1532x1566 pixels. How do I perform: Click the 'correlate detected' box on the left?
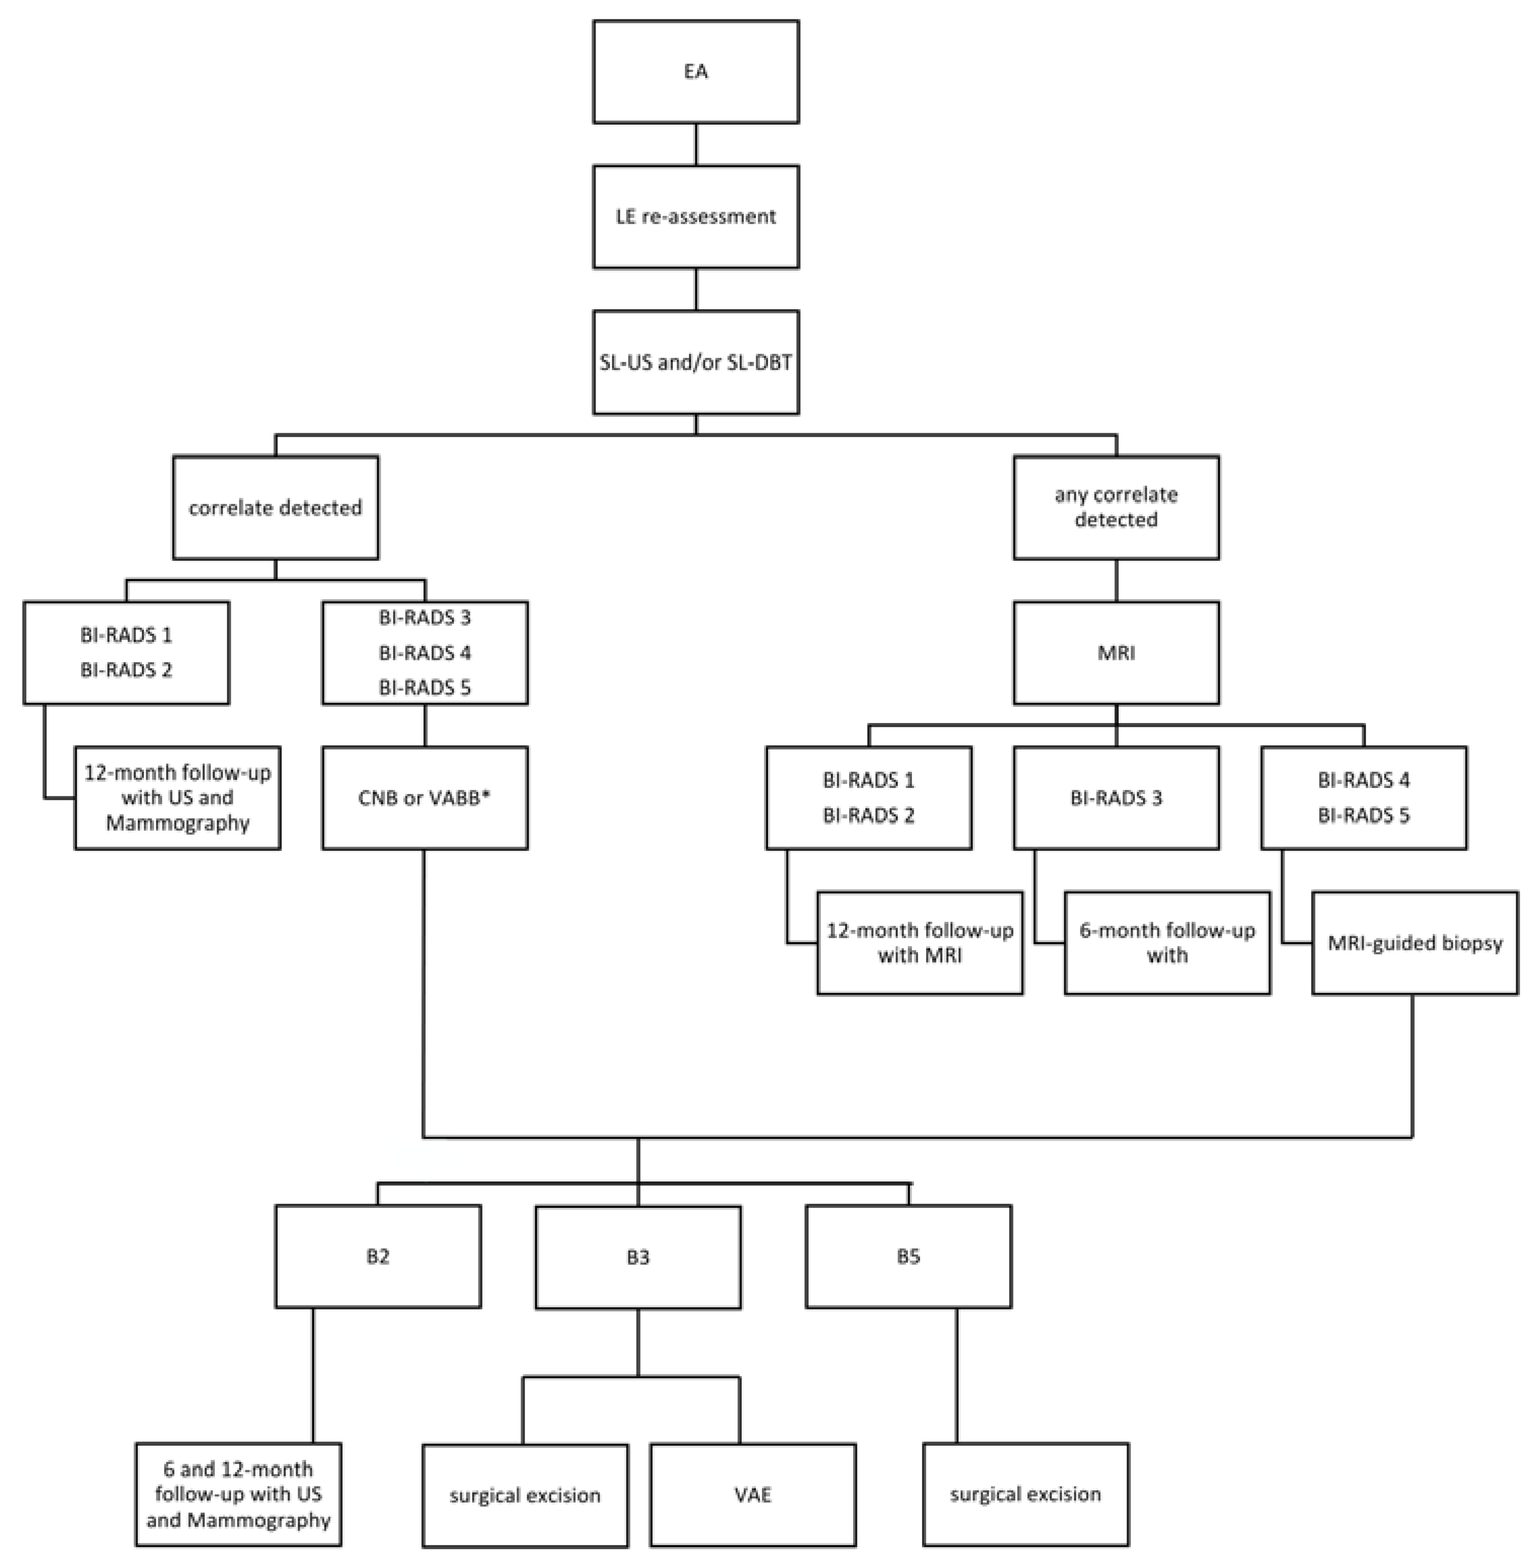click(275, 508)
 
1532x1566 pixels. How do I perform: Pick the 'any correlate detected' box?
click(1115, 507)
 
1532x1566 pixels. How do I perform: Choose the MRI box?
click(1115, 653)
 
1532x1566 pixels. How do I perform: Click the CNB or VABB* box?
click(425, 798)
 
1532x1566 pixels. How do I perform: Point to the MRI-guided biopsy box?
click(1414, 943)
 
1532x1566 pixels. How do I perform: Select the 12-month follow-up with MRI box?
click(920, 943)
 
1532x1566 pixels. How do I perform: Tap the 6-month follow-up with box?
click(1166, 943)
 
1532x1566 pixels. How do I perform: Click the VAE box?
click(752, 1495)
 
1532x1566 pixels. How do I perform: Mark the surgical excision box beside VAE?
click(525, 1495)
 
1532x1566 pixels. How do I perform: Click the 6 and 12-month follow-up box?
click(238, 1494)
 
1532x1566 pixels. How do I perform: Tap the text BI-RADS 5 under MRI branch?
click(1363, 815)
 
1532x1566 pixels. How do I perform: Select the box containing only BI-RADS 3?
click(1115, 798)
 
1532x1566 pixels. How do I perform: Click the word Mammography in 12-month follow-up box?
click(178, 823)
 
